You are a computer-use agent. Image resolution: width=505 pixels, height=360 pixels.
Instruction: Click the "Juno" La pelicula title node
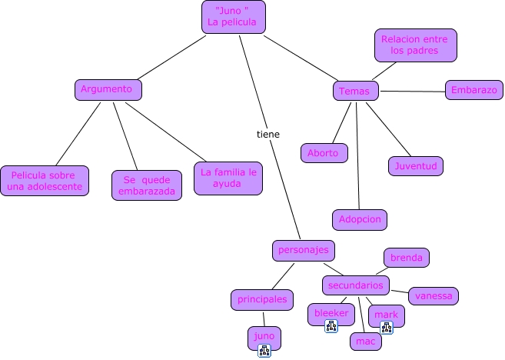point(234,16)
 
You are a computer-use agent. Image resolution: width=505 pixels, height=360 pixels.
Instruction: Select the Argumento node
point(108,89)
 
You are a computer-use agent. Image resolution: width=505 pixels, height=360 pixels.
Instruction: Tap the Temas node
point(356,91)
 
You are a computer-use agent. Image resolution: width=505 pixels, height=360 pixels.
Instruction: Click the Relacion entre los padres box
point(416,45)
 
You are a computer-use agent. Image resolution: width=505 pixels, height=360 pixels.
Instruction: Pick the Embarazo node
point(473,90)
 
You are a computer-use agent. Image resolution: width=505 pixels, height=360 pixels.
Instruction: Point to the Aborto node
point(324,153)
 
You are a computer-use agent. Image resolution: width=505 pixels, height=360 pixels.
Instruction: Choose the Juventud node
point(416,165)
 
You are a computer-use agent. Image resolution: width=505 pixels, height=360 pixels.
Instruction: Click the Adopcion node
point(360,219)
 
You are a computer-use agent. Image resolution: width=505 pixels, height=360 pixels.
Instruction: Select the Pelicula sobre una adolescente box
point(45,182)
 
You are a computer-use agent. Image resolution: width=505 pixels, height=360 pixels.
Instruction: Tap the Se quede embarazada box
point(147,185)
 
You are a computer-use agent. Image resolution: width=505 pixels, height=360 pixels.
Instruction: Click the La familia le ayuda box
point(228,178)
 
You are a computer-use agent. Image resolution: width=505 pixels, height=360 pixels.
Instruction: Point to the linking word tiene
point(267,134)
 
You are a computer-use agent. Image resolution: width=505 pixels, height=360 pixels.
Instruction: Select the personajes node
point(304,250)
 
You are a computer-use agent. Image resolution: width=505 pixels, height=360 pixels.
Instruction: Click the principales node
point(262,299)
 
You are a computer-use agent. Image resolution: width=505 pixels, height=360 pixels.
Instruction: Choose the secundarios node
point(355,285)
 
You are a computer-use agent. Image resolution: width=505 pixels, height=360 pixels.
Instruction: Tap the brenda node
point(407,258)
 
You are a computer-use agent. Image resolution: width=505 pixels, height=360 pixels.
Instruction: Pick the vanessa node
point(434,295)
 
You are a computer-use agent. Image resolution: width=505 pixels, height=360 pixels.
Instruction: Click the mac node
point(366,340)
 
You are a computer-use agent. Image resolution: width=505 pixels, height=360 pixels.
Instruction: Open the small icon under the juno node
point(264,352)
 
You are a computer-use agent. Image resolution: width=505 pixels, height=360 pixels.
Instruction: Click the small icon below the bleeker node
point(331,327)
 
